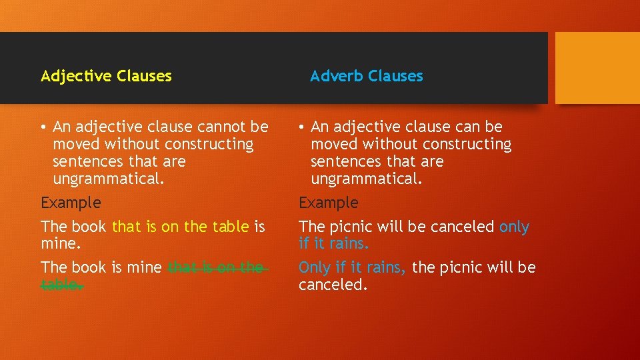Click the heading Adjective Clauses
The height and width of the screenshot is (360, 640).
106,76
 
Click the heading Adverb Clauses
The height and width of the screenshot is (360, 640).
366,76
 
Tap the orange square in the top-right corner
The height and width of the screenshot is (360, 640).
597,67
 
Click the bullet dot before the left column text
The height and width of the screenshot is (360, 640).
44,127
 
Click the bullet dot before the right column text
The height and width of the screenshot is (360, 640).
302,127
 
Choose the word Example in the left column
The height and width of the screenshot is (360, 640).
71,203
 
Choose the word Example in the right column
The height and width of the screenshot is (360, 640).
328,203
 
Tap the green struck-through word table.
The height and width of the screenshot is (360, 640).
61,285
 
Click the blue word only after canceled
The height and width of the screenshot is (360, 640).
514,227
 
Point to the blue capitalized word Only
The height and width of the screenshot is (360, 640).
314,267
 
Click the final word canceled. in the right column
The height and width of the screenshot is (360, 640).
333,285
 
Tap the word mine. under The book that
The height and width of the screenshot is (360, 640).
61,244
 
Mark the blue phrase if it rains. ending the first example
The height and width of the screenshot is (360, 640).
333,244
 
